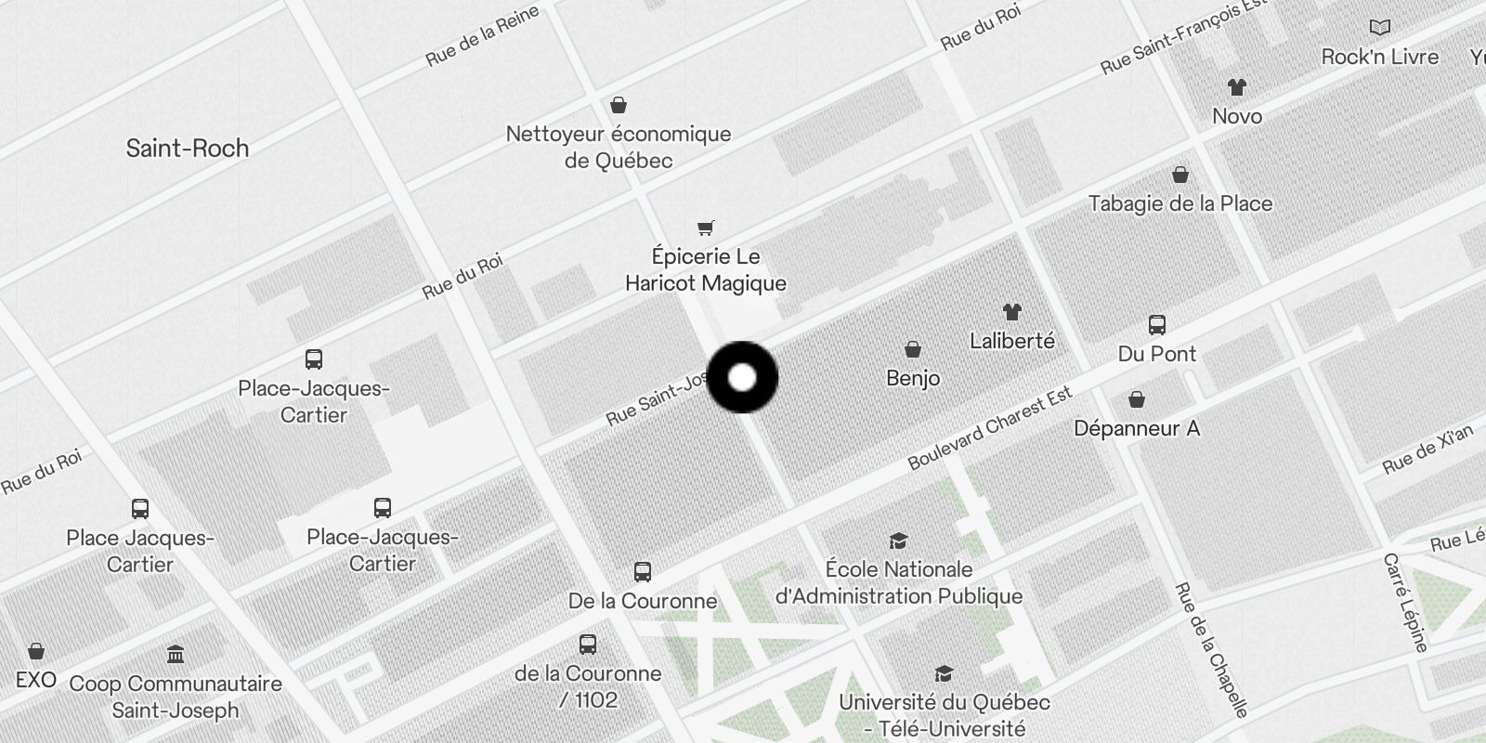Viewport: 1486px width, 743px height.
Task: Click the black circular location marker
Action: click(742, 377)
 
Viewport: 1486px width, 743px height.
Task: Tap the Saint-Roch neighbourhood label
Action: click(188, 149)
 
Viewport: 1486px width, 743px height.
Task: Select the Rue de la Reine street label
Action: click(482, 37)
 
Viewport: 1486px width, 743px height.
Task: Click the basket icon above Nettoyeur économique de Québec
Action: click(618, 105)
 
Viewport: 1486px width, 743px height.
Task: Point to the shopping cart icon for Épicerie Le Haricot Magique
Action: click(706, 228)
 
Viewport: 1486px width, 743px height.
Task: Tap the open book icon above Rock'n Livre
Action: click(1380, 28)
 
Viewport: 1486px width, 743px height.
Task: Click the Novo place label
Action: click(1237, 116)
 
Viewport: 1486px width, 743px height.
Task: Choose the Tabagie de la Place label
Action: click(1180, 203)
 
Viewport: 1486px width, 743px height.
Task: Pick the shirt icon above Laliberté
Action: click(1011, 312)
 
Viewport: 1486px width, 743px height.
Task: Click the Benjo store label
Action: click(913, 378)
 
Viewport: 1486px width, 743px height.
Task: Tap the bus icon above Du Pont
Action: click(1156, 325)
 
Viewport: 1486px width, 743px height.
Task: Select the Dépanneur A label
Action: click(1137, 428)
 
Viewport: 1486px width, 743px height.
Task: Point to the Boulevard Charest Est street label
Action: click(990, 427)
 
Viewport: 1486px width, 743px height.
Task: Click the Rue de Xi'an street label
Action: click(1427, 450)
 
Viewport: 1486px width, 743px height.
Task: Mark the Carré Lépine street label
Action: click(1404, 603)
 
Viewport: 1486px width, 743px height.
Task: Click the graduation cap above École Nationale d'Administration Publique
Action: click(898, 541)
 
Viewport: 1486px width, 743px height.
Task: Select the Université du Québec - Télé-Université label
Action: click(945, 715)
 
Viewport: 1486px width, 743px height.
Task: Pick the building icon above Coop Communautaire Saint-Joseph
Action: click(176, 655)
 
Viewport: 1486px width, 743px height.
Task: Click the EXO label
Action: click(36, 680)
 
